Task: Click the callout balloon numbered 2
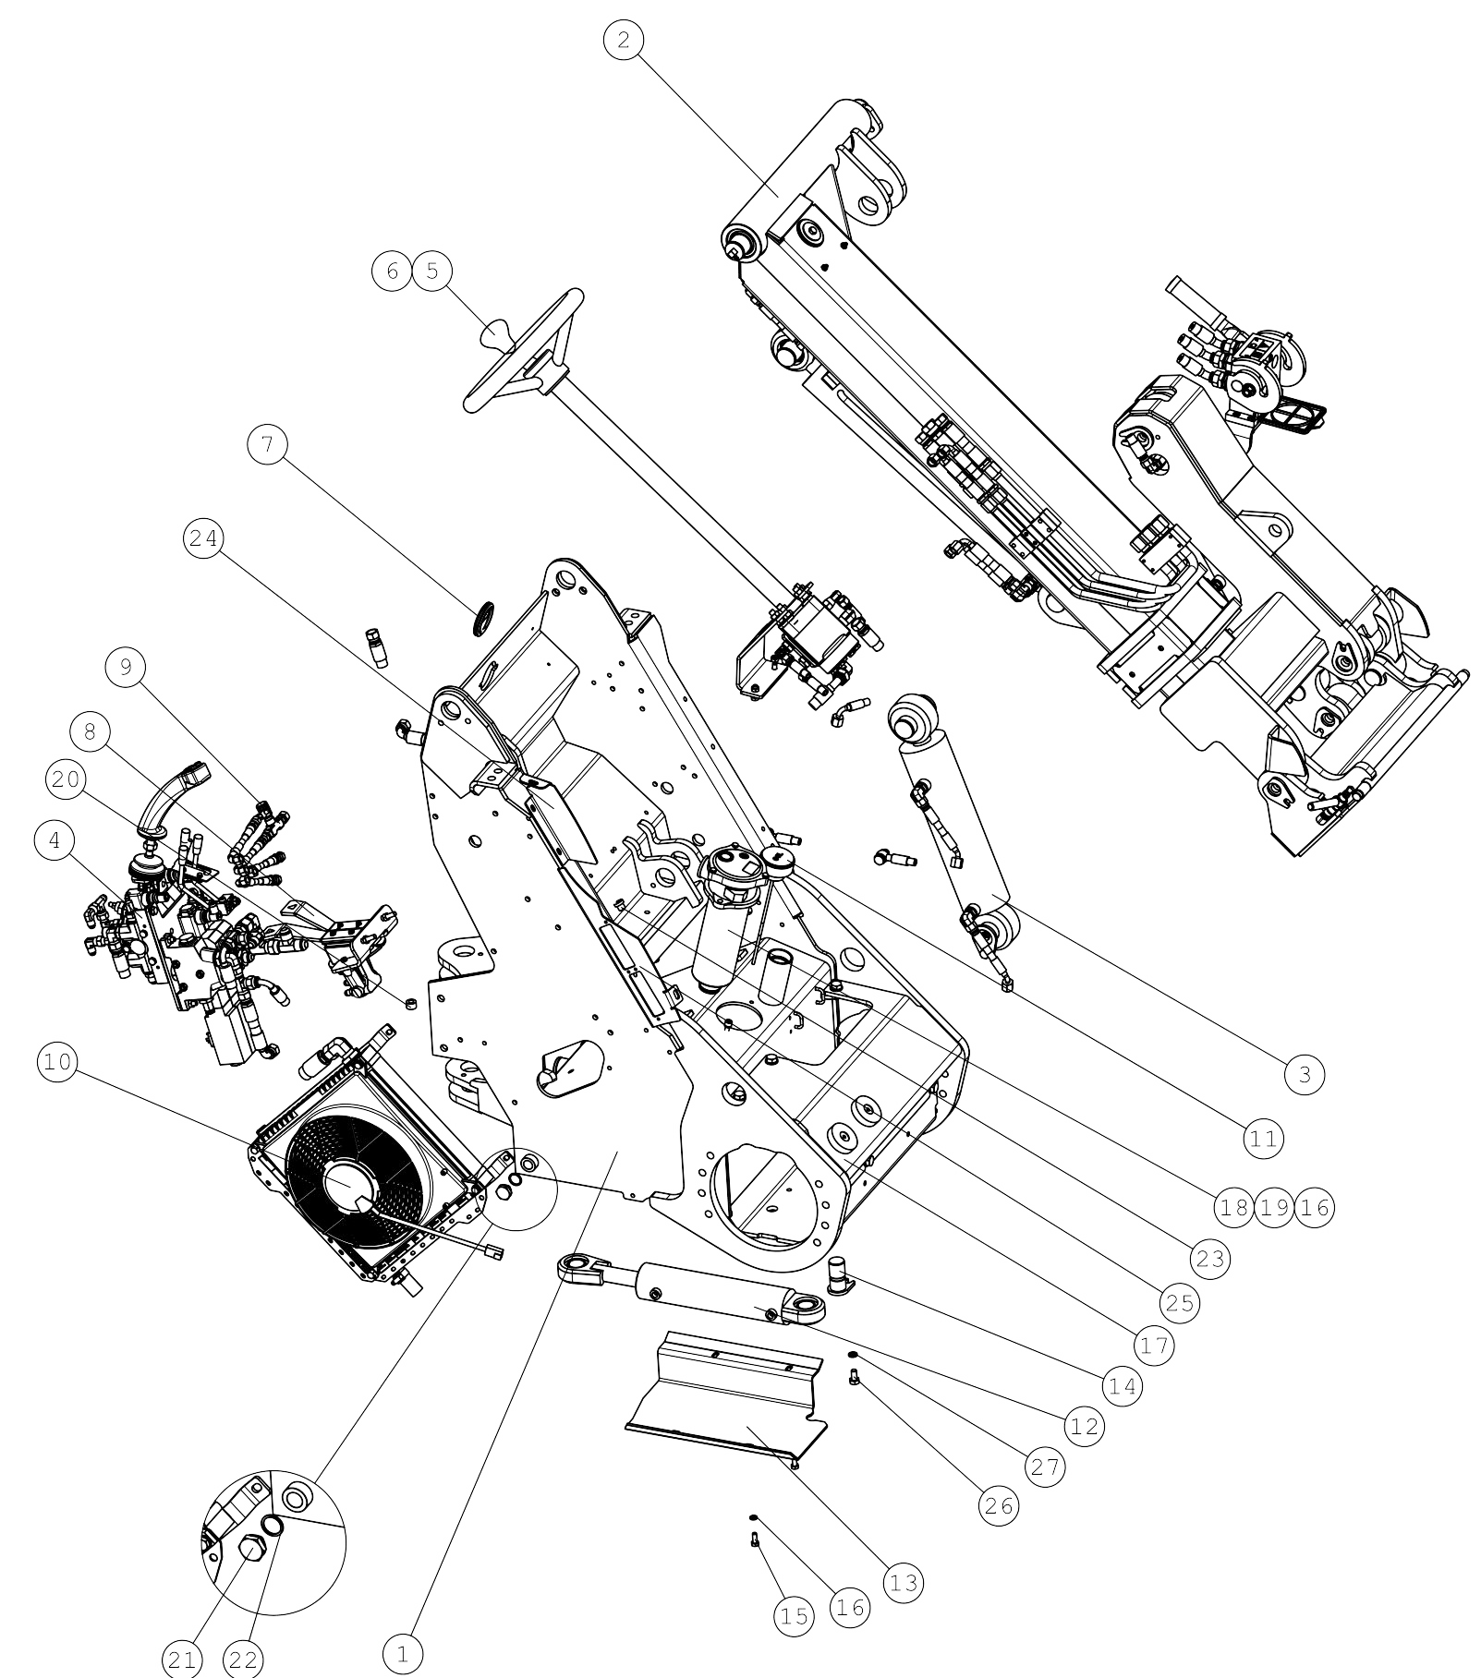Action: click(x=624, y=41)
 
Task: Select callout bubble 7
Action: click(x=268, y=445)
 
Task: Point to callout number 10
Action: click(x=57, y=1062)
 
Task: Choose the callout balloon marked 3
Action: click(x=1305, y=1073)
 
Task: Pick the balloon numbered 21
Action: click(x=181, y=1660)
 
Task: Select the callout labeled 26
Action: click(x=998, y=1505)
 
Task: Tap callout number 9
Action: click(x=126, y=667)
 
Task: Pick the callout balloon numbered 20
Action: click(x=66, y=779)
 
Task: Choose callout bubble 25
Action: click(x=1180, y=1302)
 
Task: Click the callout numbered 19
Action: click(x=1274, y=1207)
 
